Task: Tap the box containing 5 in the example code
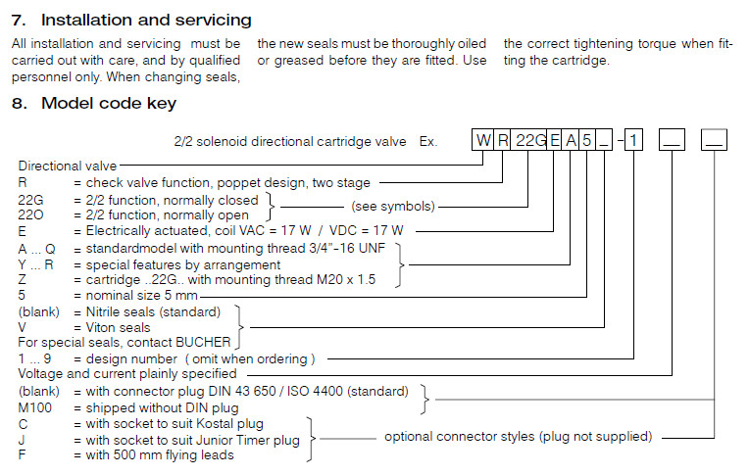[586, 140]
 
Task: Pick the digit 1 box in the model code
[635, 140]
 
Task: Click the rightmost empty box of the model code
[714, 140]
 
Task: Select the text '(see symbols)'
[392, 207]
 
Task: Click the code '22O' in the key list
[32, 214]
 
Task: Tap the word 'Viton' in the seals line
[104, 327]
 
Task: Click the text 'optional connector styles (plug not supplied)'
[518, 436]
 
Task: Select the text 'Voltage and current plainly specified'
[127, 373]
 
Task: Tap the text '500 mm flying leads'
[175, 454]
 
